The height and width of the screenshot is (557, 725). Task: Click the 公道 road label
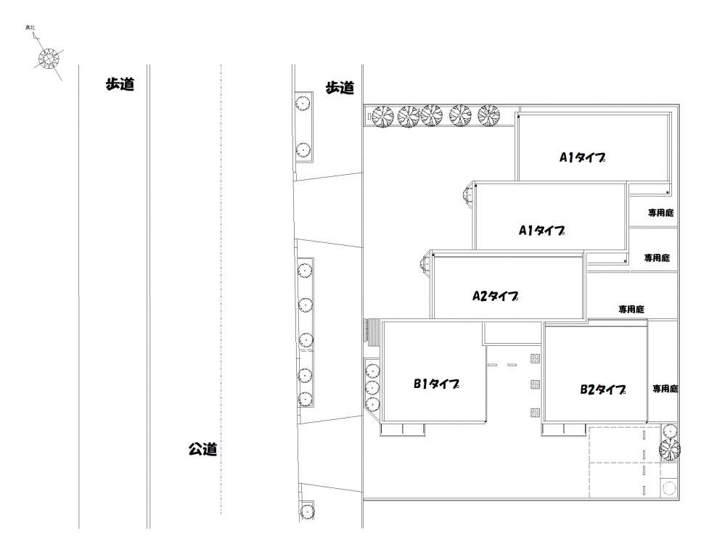pyautogui.click(x=202, y=449)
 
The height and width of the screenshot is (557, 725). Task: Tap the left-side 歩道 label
pyautogui.click(x=120, y=84)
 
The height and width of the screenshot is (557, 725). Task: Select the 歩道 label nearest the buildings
pyautogui.click(x=340, y=87)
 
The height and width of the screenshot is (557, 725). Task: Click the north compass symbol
pyautogui.click(x=49, y=59)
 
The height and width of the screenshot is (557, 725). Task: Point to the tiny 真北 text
pyautogui.click(x=30, y=28)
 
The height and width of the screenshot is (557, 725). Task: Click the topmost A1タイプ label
pyautogui.click(x=582, y=157)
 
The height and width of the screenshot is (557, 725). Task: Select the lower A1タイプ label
pyautogui.click(x=541, y=230)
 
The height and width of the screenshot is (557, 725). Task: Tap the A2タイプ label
pyautogui.click(x=495, y=296)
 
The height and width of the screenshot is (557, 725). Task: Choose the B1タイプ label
pyautogui.click(x=436, y=384)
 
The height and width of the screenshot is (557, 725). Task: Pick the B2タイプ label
pyautogui.click(x=603, y=389)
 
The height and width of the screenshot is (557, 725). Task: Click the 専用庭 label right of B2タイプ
pyautogui.click(x=665, y=389)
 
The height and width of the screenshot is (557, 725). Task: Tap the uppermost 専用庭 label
pyautogui.click(x=660, y=213)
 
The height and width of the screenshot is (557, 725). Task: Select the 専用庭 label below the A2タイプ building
pyautogui.click(x=631, y=309)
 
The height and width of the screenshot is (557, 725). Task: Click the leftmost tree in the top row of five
pyautogui.click(x=383, y=117)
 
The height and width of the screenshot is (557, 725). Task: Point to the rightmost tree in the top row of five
pyautogui.click(x=488, y=115)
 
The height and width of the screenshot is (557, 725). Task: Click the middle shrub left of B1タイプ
pyautogui.click(x=372, y=387)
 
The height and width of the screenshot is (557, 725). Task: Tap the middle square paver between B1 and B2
pyautogui.click(x=536, y=384)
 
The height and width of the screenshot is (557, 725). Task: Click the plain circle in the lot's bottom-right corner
pyautogui.click(x=668, y=488)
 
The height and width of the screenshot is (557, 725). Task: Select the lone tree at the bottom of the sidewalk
pyautogui.click(x=306, y=511)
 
